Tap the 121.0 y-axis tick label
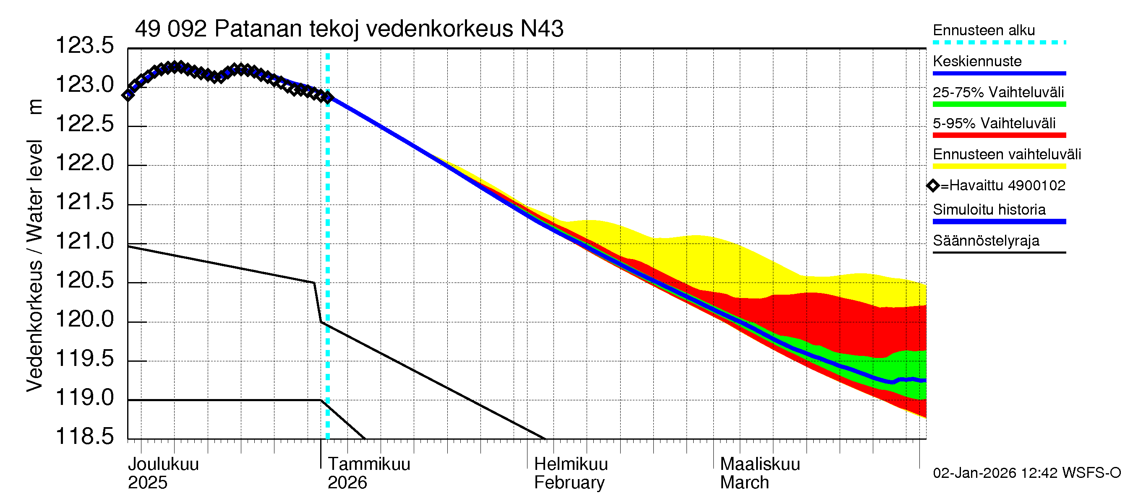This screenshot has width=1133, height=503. point(84,241)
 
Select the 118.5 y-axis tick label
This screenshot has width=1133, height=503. point(84,436)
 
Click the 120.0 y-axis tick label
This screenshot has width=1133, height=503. point(84,319)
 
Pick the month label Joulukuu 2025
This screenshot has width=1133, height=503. point(163,473)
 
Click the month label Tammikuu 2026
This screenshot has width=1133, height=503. point(368,473)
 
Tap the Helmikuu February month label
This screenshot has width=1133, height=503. point(570,473)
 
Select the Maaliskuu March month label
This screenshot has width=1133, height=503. point(760,473)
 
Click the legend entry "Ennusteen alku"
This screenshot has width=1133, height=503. point(984,30)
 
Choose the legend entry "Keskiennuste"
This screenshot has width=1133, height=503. point(977,61)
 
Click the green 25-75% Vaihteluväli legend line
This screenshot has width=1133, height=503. point(999,104)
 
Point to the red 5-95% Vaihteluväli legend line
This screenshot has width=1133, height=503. point(999,135)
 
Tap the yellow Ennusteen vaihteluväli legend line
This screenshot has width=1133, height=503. point(999,166)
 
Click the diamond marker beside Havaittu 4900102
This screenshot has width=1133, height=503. point(933,186)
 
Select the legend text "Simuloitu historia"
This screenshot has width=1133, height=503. point(989,210)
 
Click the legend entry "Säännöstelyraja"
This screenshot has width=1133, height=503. point(986,241)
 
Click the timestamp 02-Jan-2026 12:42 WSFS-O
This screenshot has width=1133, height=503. point(1026,473)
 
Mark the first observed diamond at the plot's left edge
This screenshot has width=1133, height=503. point(128,95)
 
